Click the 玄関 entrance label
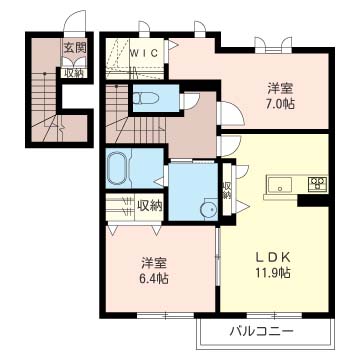74,47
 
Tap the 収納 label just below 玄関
74,72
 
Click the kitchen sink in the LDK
278,184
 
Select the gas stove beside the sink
318,184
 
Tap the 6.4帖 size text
154,279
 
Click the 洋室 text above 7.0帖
280,84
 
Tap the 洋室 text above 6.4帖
153,262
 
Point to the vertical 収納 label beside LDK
227,190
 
